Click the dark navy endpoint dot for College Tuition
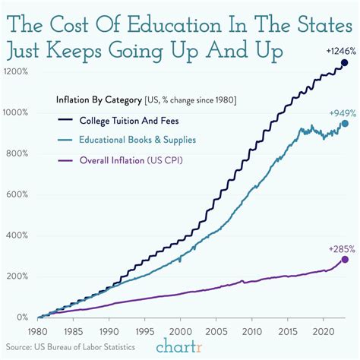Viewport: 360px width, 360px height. click(344, 62)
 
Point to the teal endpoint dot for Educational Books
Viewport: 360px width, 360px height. click(344, 123)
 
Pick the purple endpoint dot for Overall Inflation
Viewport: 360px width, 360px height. click(344, 259)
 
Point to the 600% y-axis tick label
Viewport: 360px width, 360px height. click(17, 194)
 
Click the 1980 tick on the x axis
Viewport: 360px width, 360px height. click(36, 331)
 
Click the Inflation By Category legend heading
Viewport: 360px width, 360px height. click(98, 99)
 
